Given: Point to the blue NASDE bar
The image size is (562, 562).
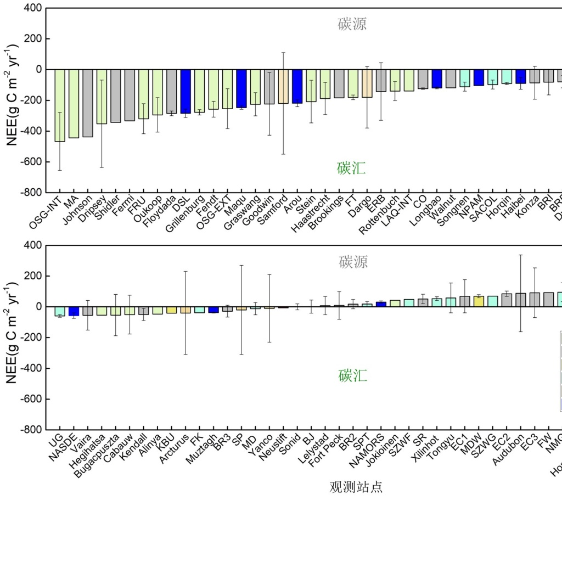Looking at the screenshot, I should click(x=74, y=311).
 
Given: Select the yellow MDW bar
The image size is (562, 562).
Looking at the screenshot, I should click(x=479, y=301).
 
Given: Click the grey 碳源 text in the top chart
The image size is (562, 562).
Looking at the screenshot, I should click(x=352, y=24).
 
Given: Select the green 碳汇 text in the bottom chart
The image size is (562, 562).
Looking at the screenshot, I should click(x=352, y=376).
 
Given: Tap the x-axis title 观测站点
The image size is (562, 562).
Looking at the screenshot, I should click(x=356, y=487).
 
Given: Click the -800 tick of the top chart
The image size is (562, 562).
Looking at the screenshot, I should click(x=31, y=193).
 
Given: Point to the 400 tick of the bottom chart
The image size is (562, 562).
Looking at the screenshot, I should click(x=33, y=245).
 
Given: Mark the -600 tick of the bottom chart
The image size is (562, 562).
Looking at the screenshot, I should click(x=31, y=399).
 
